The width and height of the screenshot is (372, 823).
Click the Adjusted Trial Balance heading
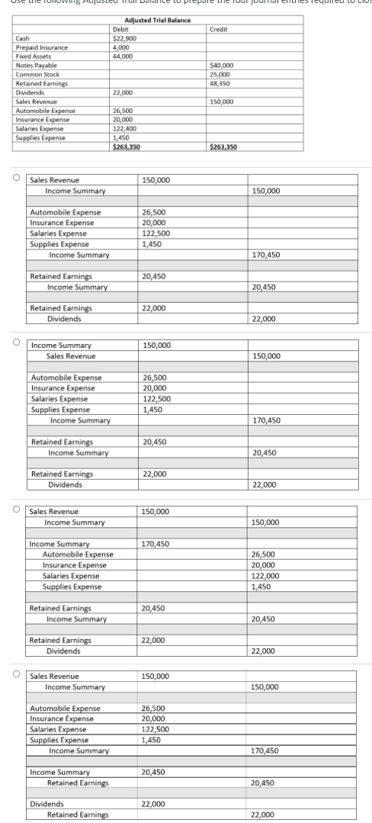point(157,20)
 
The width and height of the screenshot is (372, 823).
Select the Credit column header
point(219,28)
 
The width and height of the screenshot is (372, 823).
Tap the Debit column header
point(120,28)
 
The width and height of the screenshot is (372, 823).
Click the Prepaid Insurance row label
point(41,47)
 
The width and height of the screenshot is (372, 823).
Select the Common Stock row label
point(38,75)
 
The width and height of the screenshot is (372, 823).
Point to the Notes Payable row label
point(36,66)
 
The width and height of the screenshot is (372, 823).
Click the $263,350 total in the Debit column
point(125,147)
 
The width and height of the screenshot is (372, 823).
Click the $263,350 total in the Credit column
point(223,147)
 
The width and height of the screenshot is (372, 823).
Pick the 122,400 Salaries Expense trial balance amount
point(123,129)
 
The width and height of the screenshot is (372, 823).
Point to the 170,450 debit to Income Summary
point(156,544)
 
